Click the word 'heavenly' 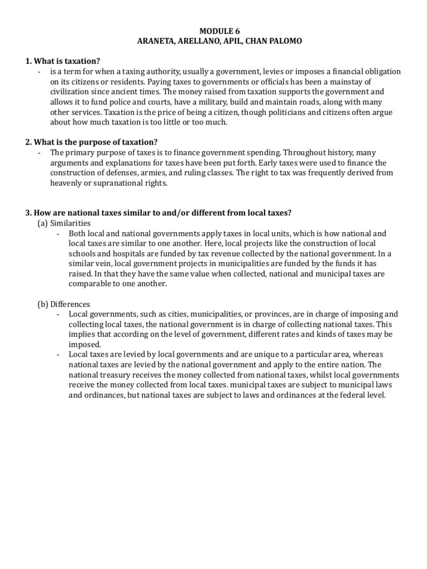click(67, 183)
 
